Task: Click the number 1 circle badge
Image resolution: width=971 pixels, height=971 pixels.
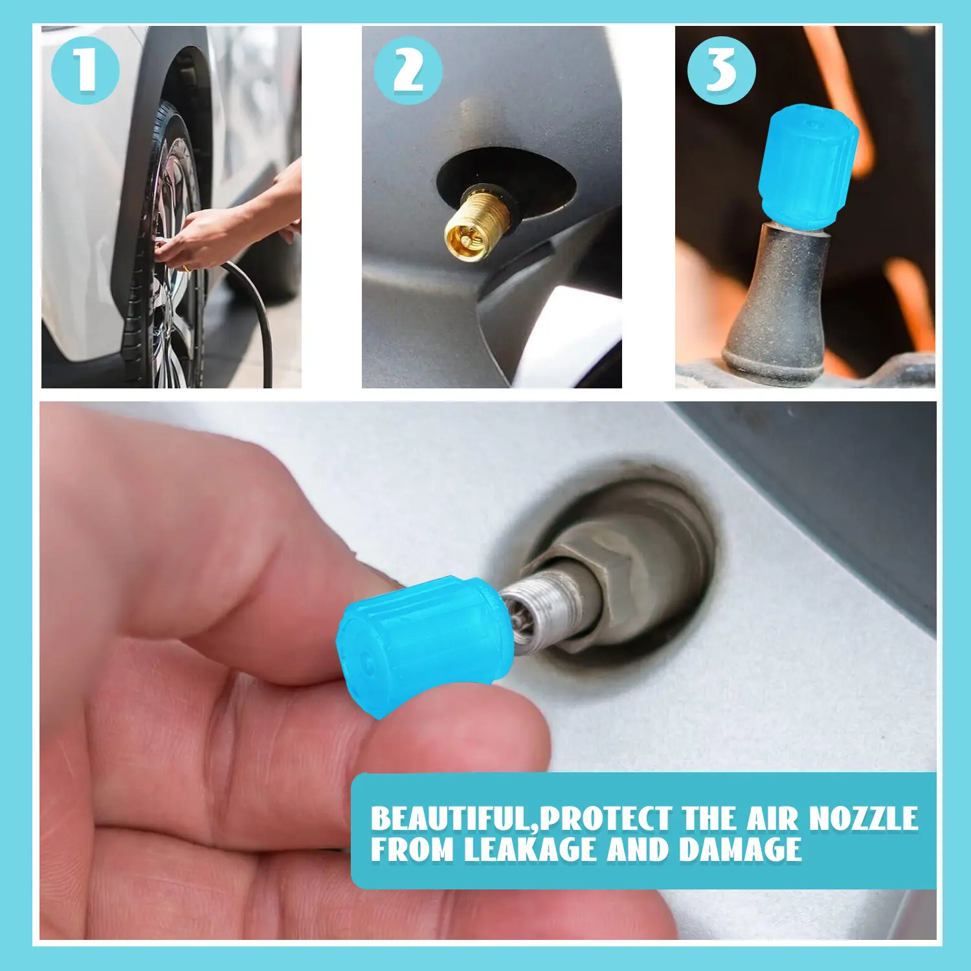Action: (x=85, y=70)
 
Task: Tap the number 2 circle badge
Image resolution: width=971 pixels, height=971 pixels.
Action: (x=408, y=70)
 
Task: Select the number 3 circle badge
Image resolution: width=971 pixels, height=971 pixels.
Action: (x=722, y=70)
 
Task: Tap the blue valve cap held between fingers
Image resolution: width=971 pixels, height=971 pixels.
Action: (x=425, y=644)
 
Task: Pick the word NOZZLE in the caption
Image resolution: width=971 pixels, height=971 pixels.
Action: (x=864, y=818)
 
